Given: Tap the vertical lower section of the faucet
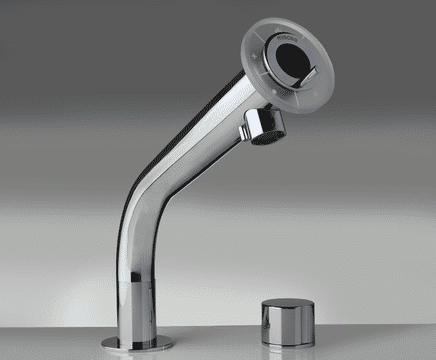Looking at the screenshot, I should pos(135,290).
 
